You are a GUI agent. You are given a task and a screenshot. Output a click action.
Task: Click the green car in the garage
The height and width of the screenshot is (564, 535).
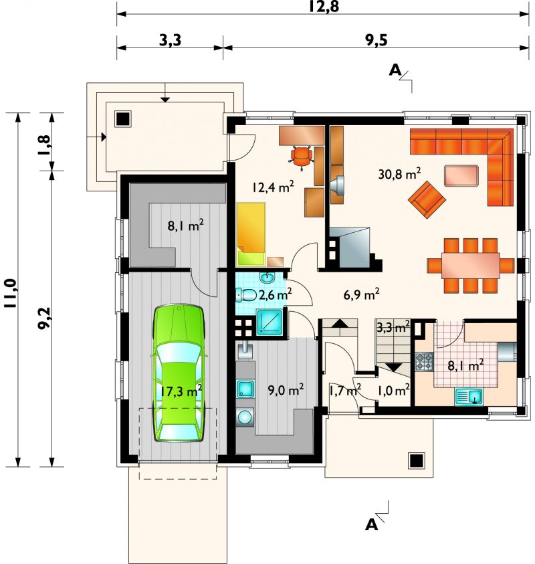(x=179, y=373)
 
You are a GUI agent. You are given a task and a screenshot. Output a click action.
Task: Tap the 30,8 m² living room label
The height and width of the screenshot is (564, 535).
(x=399, y=174)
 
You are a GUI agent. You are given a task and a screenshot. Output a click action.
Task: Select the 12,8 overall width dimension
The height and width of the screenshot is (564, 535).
(x=324, y=7)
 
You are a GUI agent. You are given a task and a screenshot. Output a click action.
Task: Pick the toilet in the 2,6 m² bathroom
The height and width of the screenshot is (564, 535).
(x=245, y=296)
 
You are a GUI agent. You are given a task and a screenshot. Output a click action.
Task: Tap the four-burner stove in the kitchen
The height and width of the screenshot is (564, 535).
(x=424, y=362)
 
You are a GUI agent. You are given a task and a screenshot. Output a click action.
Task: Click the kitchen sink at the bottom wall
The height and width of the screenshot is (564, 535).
(x=469, y=397)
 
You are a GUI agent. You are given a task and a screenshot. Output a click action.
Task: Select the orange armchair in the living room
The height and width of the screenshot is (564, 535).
(x=427, y=199)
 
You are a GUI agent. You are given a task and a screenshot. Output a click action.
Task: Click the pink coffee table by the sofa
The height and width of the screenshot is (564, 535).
(x=461, y=175)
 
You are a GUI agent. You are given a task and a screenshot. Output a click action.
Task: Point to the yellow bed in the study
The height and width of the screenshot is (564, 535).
(x=251, y=233)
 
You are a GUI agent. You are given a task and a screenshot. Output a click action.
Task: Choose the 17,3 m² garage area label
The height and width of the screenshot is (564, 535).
(x=181, y=391)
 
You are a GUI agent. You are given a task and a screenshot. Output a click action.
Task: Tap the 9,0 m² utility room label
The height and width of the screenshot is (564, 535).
(x=286, y=389)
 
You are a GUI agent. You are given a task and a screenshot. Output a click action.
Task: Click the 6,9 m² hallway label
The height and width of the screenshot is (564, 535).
(x=361, y=295)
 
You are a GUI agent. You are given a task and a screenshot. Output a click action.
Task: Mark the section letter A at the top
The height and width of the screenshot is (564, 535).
(x=395, y=70)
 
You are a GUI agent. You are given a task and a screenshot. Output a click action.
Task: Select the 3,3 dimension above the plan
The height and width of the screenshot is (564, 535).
(x=170, y=41)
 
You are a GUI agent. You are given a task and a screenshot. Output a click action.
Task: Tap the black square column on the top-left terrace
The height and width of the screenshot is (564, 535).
(x=123, y=118)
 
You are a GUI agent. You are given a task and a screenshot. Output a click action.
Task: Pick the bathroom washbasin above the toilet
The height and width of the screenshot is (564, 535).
(x=267, y=278)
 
